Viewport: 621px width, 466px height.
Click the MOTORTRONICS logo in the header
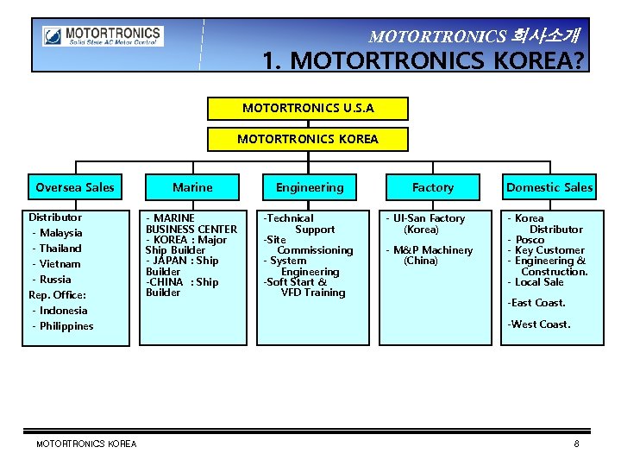(x=103, y=37)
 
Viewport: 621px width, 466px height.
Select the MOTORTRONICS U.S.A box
(x=308, y=109)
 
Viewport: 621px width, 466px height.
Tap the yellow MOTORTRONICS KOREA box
(x=308, y=139)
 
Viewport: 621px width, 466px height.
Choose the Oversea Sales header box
(x=75, y=187)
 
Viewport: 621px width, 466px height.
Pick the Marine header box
(x=192, y=187)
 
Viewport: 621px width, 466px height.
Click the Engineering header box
(x=310, y=187)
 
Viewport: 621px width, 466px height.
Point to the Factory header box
(x=433, y=187)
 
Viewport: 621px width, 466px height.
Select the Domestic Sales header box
(x=549, y=187)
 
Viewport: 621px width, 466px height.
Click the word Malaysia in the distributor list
(x=60, y=233)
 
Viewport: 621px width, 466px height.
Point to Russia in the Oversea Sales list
(x=55, y=280)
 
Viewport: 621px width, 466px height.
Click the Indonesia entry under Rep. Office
(x=62, y=311)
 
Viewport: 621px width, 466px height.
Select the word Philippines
(x=66, y=326)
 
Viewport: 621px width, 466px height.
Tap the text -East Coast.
(x=536, y=303)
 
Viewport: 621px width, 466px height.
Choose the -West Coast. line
(x=539, y=324)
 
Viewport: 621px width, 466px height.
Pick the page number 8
(x=576, y=444)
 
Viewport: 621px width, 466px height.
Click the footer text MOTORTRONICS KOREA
(x=86, y=444)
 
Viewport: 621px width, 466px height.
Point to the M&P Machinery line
(x=432, y=250)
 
